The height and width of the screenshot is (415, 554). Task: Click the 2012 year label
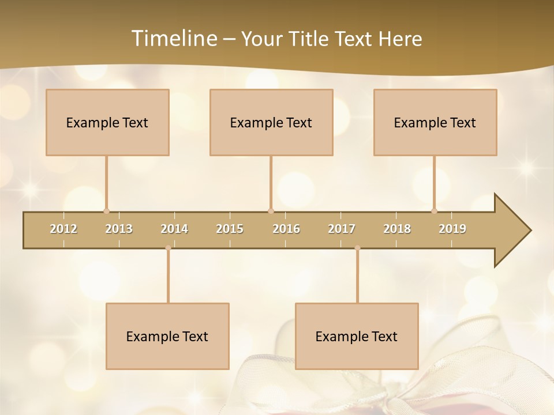(63, 229)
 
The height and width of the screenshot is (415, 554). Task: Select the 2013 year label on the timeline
(119, 229)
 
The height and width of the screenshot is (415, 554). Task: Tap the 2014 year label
(174, 229)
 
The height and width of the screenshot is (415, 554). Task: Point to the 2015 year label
(230, 229)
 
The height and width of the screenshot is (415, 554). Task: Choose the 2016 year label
(286, 229)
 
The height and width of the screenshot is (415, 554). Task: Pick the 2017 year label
(342, 229)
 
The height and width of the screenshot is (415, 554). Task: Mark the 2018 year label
(397, 229)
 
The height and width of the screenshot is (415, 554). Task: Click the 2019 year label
(452, 229)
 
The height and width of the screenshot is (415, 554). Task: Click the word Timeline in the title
(173, 39)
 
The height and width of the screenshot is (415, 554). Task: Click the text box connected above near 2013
(107, 122)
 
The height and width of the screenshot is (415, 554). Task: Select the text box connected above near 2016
(271, 122)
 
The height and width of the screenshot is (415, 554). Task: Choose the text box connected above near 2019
(435, 122)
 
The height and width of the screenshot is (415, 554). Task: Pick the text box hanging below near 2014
(167, 336)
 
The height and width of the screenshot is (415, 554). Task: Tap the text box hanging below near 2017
(357, 336)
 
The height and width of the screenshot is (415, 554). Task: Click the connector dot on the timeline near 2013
(106, 211)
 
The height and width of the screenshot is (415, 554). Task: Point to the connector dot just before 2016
(271, 211)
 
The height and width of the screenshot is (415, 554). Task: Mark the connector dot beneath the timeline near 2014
(168, 248)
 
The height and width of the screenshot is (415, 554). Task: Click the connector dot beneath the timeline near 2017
(357, 248)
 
